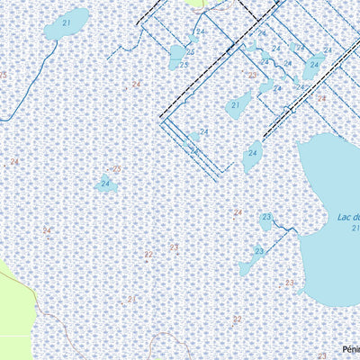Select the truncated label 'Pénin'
tap(350, 350)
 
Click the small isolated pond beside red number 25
tap(105, 184)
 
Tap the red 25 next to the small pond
tap(116, 169)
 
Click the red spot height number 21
tap(130, 298)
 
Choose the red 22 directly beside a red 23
tap(148, 255)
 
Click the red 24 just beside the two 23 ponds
tap(238, 212)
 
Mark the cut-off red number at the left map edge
tap(3, 76)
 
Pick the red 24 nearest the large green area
tap(46, 231)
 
